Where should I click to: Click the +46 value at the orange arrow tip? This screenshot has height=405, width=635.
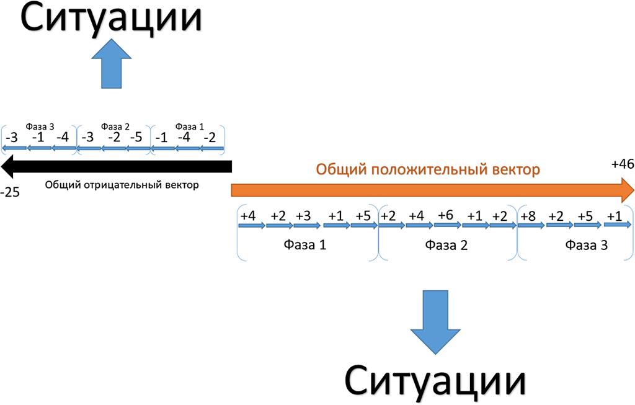(x=622, y=164)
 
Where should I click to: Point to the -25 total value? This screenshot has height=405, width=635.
(x=11, y=192)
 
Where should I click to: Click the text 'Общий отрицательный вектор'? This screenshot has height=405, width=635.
(x=122, y=185)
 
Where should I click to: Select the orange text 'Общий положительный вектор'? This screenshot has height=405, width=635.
(x=429, y=169)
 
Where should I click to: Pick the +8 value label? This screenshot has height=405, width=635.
(x=529, y=216)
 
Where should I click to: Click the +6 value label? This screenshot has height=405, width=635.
(x=446, y=215)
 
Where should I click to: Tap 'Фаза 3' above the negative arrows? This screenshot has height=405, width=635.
(x=40, y=127)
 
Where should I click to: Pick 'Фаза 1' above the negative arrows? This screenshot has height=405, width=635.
(x=189, y=127)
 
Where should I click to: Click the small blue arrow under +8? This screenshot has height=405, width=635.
(x=530, y=225)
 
